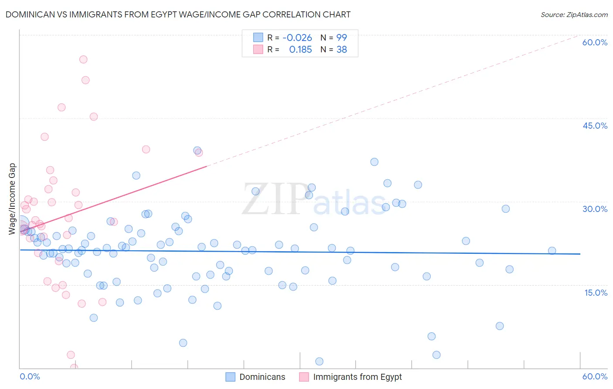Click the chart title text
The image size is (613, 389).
[178, 15]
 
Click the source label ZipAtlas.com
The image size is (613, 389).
[574, 15]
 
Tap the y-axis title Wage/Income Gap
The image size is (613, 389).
[12, 199]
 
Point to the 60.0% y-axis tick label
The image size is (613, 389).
[595, 42]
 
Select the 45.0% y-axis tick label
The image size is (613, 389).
[595, 126]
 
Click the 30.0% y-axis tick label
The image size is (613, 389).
[595, 209]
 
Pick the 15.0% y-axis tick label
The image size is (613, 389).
[596, 293]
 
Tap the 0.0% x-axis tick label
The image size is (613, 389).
[30, 376]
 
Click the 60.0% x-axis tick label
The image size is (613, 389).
[595, 376]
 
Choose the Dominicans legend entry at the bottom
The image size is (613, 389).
[255, 377]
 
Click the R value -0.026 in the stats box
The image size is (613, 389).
[297, 38]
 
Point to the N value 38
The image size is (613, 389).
[342, 50]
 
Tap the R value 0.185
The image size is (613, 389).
[300, 50]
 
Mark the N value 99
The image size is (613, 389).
[342, 38]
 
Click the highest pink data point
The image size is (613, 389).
[83, 59]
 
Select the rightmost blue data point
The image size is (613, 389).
[552, 251]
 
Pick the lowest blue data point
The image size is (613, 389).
[319, 362]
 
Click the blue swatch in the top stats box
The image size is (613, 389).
[258, 38]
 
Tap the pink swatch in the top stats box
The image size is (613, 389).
[258, 49]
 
